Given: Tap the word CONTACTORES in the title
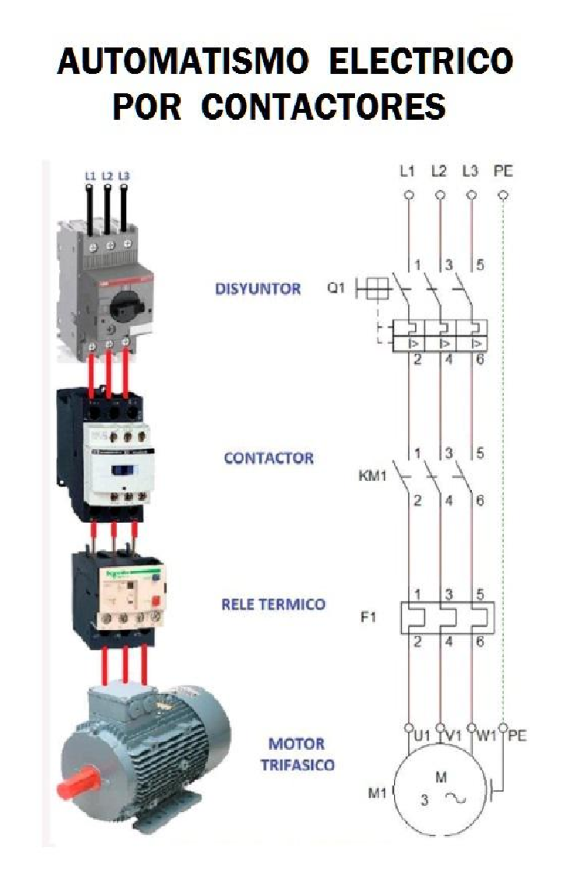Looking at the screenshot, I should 323,107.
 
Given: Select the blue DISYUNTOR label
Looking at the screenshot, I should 258,289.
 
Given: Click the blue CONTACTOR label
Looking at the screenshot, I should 269,458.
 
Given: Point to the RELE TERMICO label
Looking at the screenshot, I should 273,604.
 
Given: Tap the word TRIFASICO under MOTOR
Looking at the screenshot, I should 297,765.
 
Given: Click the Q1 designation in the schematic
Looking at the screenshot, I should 336,288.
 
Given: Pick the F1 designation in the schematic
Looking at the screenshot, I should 368,617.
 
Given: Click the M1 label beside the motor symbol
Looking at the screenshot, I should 377,793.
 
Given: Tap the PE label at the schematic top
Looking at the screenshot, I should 503,171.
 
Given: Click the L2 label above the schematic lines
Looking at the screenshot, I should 439,171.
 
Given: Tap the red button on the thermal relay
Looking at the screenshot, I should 157,601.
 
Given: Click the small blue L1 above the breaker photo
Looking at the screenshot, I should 90,176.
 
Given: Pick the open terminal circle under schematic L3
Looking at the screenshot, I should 471,195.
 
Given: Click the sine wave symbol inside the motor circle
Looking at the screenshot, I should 456,798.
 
